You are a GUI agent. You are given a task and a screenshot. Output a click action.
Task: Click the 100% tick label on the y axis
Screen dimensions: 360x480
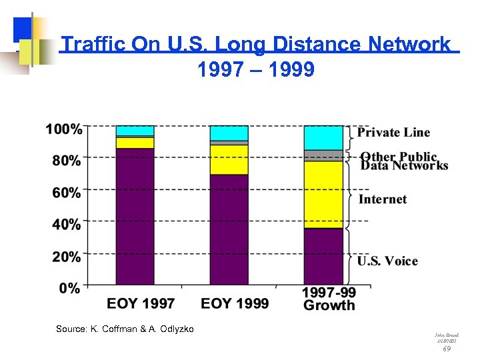64,129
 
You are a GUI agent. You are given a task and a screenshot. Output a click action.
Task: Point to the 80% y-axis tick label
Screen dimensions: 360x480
67,161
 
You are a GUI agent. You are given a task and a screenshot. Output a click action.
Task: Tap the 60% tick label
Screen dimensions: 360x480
67,193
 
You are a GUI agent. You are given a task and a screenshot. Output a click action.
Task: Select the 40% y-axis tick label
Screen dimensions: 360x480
67,225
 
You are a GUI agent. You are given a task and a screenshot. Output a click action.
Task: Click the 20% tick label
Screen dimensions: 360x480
67,257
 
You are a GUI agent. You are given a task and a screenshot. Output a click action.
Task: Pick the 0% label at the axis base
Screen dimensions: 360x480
70,288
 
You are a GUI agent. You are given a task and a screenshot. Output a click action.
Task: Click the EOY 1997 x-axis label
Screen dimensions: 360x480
141,303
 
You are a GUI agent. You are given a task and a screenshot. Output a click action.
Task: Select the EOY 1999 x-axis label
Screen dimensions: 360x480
235,303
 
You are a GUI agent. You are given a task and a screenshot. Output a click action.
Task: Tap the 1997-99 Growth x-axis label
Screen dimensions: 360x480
329,299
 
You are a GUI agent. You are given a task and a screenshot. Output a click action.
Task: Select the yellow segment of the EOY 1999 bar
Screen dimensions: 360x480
229,159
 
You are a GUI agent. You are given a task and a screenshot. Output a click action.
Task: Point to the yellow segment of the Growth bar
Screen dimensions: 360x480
323,194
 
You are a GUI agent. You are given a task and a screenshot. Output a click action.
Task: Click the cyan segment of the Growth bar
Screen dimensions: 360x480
323,137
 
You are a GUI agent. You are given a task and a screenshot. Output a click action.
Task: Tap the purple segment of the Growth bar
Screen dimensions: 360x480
323,256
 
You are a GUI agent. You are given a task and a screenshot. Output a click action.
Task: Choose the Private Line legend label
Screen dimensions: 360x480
394,133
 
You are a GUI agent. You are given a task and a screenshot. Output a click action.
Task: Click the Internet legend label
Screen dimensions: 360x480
383,199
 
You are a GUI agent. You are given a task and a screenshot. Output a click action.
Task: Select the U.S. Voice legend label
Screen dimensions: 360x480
388,261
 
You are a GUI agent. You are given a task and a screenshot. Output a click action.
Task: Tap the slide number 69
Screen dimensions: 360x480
447,349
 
